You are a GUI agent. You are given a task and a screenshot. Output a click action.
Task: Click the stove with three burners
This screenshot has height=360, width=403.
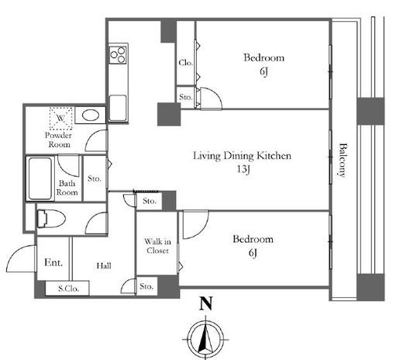pyautogui.click(x=118, y=54)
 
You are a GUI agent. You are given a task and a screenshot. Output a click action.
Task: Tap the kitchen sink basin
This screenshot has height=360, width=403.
pyautogui.click(x=118, y=108)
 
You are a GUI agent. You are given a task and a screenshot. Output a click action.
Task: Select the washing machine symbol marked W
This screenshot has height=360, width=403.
pyautogui.click(x=60, y=119)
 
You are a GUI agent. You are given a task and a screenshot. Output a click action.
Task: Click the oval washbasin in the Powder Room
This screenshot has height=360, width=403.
pyautogui.click(x=91, y=116)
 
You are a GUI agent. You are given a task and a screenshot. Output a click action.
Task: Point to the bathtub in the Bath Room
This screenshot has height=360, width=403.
pyautogui.click(x=40, y=178)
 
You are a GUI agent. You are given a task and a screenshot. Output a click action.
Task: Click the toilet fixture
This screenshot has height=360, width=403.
pyautogui.click(x=51, y=219)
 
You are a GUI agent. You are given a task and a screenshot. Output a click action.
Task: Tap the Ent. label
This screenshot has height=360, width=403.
pyautogui.click(x=53, y=262)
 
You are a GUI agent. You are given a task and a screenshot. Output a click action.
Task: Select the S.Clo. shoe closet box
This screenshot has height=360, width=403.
pyautogui.click(x=67, y=288)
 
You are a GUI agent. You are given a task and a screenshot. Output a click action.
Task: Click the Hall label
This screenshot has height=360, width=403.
pyautogui.click(x=104, y=265)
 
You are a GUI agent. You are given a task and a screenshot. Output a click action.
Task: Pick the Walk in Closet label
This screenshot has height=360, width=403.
pyautogui.click(x=157, y=246)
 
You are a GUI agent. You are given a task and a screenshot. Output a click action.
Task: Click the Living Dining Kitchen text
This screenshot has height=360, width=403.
pyautogui.click(x=243, y=156)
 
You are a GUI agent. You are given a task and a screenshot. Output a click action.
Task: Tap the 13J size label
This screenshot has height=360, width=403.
pyautogui.click(x=243, y=169)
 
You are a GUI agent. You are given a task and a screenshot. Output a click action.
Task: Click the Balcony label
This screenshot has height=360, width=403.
pyautogui.click(x=343, y=160)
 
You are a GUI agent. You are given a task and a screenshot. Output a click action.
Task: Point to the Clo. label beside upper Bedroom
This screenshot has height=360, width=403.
pyautogui.click(x=186, y=63)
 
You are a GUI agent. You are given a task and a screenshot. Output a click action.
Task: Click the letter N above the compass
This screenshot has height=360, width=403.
pyautogui.click(x=206, y=303)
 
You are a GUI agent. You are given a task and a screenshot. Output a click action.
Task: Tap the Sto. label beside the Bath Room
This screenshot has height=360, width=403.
pyautogui.click(x=95, y=178)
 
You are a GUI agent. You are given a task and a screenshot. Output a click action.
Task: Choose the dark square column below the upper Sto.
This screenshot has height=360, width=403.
pyautogui.click(x=169, y=114)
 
